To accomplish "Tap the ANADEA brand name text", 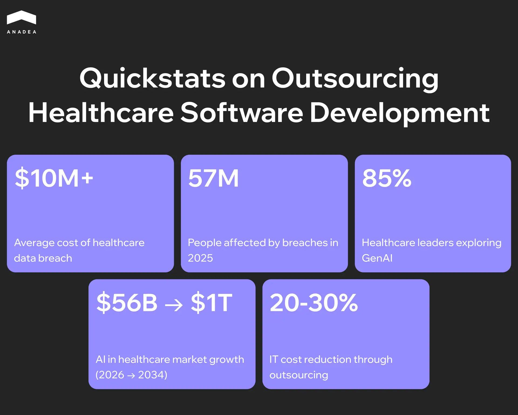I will coord(22,32).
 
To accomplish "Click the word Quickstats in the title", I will coord(152,78).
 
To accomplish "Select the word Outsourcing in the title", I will coord(355,78).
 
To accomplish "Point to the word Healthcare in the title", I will coord(101,113).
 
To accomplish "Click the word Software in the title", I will coord(242,113).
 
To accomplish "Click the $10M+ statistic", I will coord(54,178).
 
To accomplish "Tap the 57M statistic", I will coord(213,178).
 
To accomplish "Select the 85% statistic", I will coord(387,178).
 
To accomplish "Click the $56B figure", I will coord(127,303).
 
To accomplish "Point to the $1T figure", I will coord(212,303).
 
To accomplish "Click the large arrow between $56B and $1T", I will coord(174,305).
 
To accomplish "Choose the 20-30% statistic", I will coord(314,303).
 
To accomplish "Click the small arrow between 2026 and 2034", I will coord(131,375).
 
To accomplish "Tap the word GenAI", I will coord(377,258).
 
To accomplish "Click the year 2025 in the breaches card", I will coord(200,258).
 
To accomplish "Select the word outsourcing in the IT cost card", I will coord(299,375).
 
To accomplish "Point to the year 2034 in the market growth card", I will coord(152,375).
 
